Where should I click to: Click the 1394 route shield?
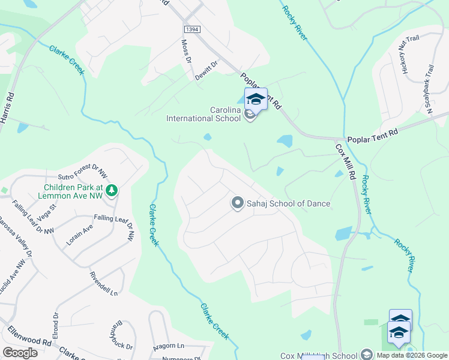(191, 29)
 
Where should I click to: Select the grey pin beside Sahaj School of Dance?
(237, 203)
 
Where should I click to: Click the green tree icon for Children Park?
(111, 190)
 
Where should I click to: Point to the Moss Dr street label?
(186, 52)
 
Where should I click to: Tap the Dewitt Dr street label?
(206, 70)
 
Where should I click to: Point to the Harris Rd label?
(7, 107)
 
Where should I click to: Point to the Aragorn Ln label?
(168, 346)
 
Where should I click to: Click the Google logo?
(20, 353)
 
